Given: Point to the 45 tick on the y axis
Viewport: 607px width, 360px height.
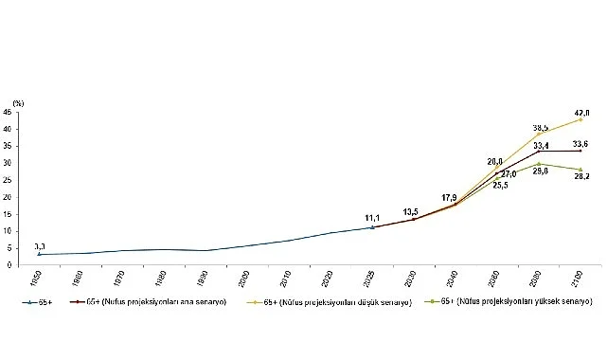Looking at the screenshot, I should (x=9, y=112).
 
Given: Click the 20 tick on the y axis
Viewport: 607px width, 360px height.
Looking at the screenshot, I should (x=9, y=197).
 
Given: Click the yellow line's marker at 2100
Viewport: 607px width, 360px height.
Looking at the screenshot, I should (x=580, y=119).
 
